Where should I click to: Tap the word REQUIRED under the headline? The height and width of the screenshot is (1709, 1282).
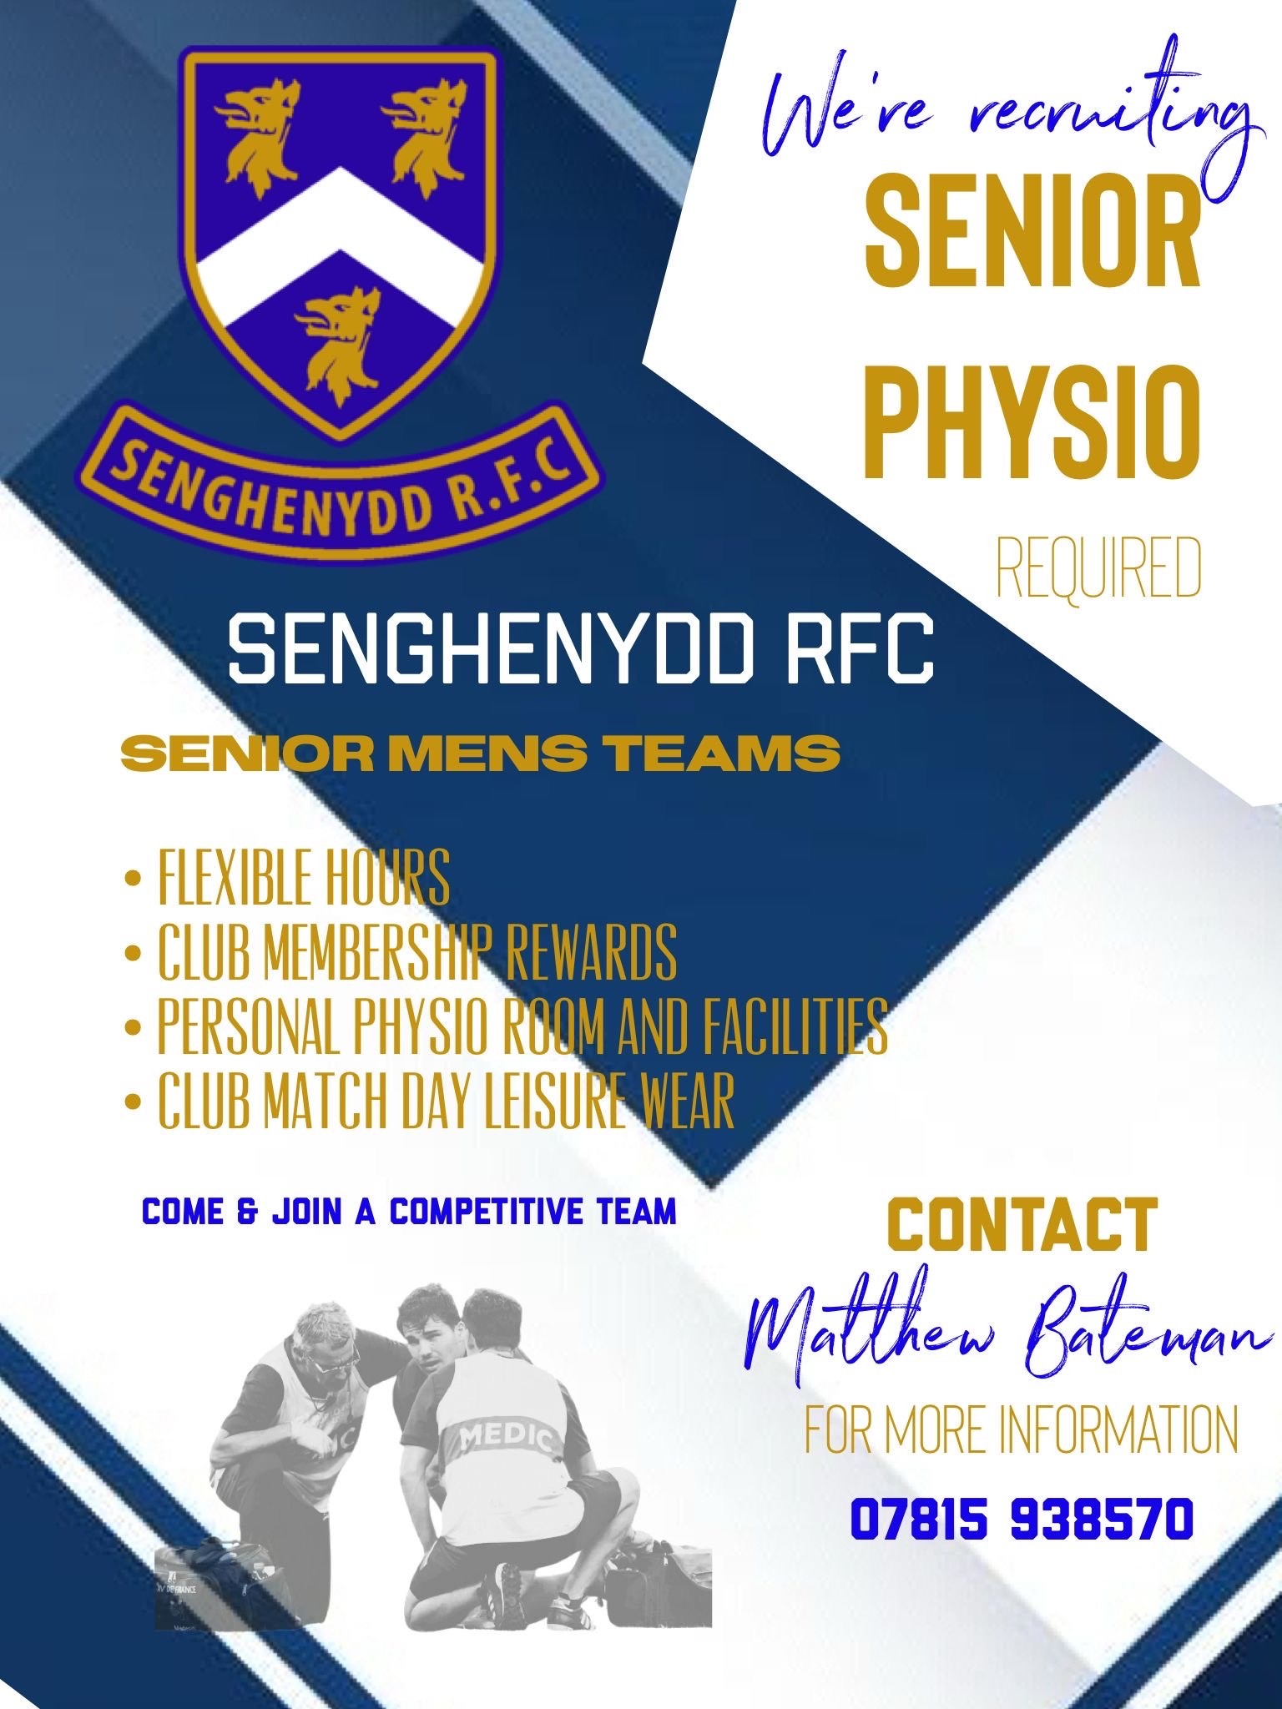[1099, 570]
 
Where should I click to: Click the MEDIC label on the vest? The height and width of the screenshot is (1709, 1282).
[506, 1437]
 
